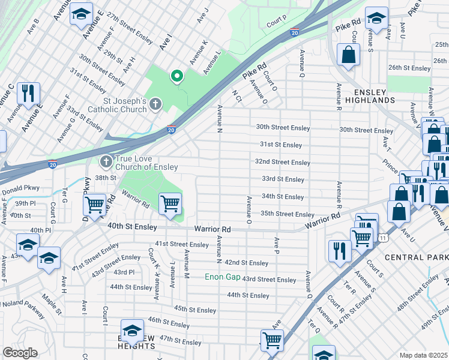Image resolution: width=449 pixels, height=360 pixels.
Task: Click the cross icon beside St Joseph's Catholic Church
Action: (x=155, y=105)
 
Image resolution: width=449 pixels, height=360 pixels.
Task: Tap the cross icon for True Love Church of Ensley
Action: (x=106, y=161)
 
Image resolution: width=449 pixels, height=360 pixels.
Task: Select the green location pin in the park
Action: (x=176, y=76)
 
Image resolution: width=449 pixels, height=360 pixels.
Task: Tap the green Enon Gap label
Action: (x=222, y=277)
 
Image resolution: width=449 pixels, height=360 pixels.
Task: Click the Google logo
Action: (x=20, y=353)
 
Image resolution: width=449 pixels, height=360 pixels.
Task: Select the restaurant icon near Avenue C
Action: (x=28, y=94)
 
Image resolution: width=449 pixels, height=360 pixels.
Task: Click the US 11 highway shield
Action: (x=382, y=239)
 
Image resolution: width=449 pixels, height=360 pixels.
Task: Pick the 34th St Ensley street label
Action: (x=283, y=196)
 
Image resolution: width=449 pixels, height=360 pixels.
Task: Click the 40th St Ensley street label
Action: (x=133, y=227)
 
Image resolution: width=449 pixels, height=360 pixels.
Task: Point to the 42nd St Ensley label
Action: (x=246, y=263)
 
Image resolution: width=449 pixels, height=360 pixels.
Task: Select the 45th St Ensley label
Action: (x=194, y=309)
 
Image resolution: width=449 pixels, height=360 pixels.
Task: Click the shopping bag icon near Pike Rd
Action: (x=348, y=56)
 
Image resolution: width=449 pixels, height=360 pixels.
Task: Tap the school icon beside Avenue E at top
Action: (x=80, y=16)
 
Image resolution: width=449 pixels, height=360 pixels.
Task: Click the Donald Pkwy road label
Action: (x=20, y=189)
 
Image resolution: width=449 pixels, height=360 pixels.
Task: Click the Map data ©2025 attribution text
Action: (x=423, y=355)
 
